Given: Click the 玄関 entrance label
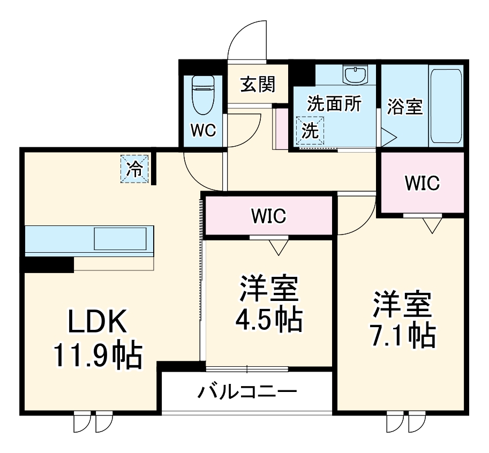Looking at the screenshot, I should coord(258,85).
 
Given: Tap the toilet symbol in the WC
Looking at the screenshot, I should coord(202,95).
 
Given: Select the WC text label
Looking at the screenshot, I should coord(202,130).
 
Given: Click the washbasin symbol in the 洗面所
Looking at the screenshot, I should coord(355,76).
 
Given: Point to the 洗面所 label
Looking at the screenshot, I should coord(334,104).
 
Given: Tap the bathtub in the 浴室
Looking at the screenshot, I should coord(446,105).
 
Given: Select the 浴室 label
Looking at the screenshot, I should coord(405,106).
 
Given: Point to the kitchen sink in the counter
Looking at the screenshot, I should coord(120,238).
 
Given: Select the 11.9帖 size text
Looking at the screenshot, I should coord(97,356).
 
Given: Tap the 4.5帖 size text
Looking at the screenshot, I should coord(268,320).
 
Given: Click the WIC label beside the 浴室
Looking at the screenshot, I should coord(422,183).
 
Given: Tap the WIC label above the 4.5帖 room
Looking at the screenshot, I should coord(269,216).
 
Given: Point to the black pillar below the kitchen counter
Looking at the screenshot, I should coord(47,265).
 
